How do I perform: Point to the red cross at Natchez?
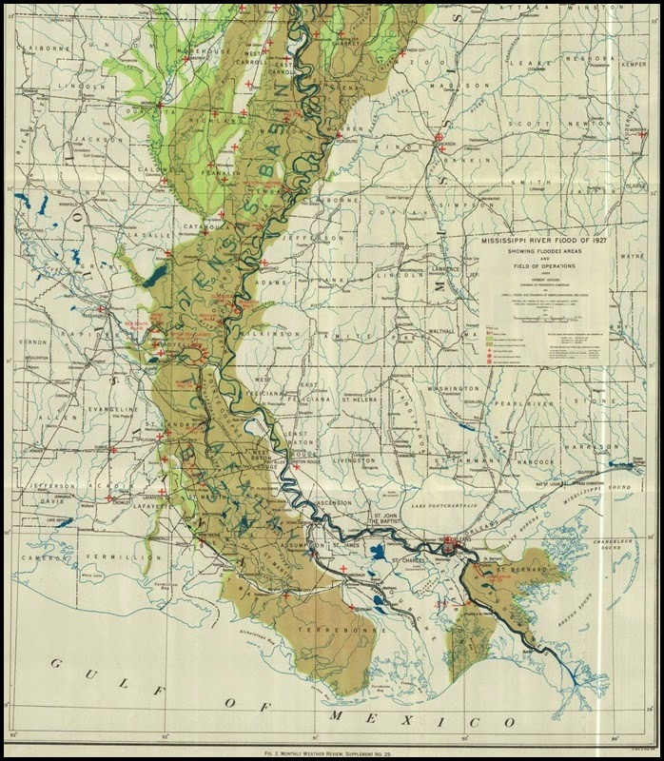click(264, 262)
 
